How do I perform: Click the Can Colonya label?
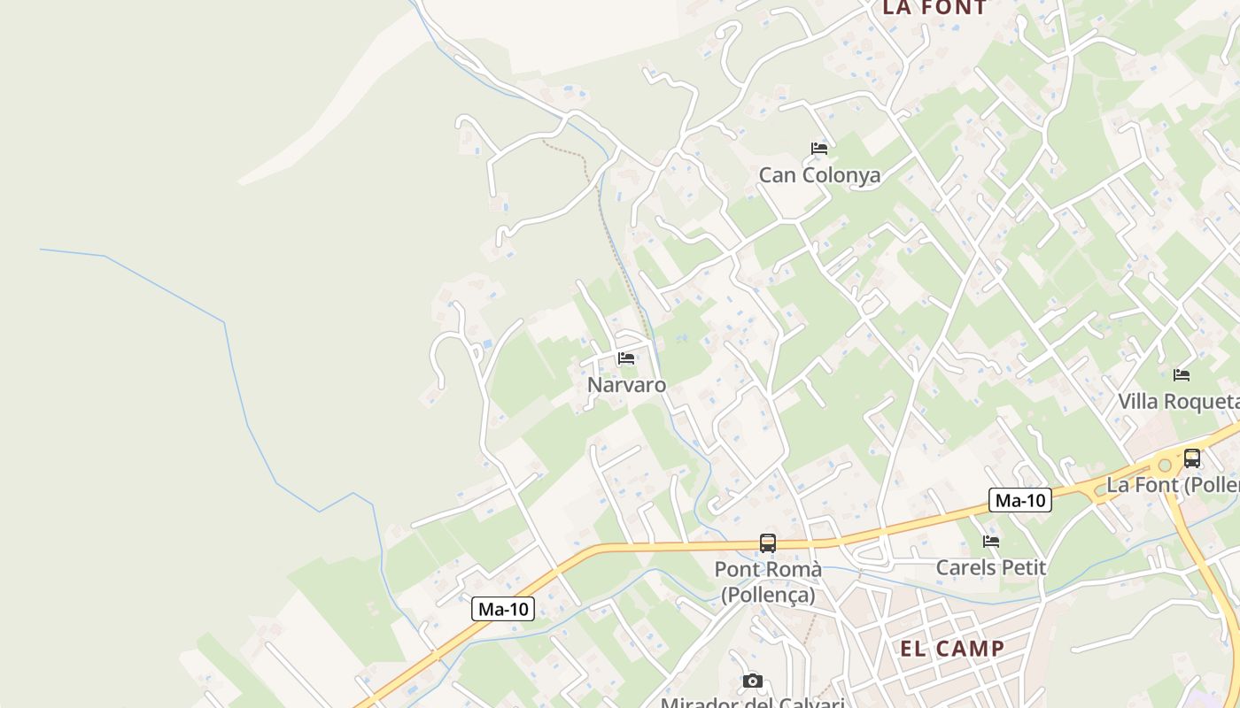pyautogui.click(x=819, y=175)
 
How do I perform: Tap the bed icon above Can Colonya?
pyautogui.click(x=819, y=149)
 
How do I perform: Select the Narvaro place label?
pyautogui.click(x=626, y=385)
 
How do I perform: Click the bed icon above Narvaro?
pyautogui.click(x=626, y=358)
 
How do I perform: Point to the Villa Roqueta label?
pyautogui.click(x=1178, y=402)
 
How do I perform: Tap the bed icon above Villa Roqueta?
pyautogui.click(x=1182, y=375)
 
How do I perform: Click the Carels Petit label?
pyautogui.click(x=991, y=567)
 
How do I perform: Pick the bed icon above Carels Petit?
pyautogui.click(x=991, y=541)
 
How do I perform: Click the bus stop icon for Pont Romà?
pyautogui.click(x=768, y=543)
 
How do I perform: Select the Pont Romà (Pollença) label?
pyautogui.click(x=768, y=581)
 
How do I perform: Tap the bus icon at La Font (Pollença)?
pyautogui.click(x=1192, y=458)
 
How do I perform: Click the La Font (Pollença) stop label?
pyautogui.click(x=1173, y=485)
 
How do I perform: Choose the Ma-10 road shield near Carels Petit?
pyautogui.click(x=1020, y=500)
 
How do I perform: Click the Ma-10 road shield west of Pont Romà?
pyautogui.click(x=503, y=609)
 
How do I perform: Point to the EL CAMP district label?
pyautogui.click(x=952, y=649)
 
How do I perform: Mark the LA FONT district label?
pyautogui.click(x=934, y=8)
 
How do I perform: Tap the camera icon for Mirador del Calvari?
pyautogui.click(x=753, y=681)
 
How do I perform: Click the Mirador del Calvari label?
pyautogui.click(x=753, y=703)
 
